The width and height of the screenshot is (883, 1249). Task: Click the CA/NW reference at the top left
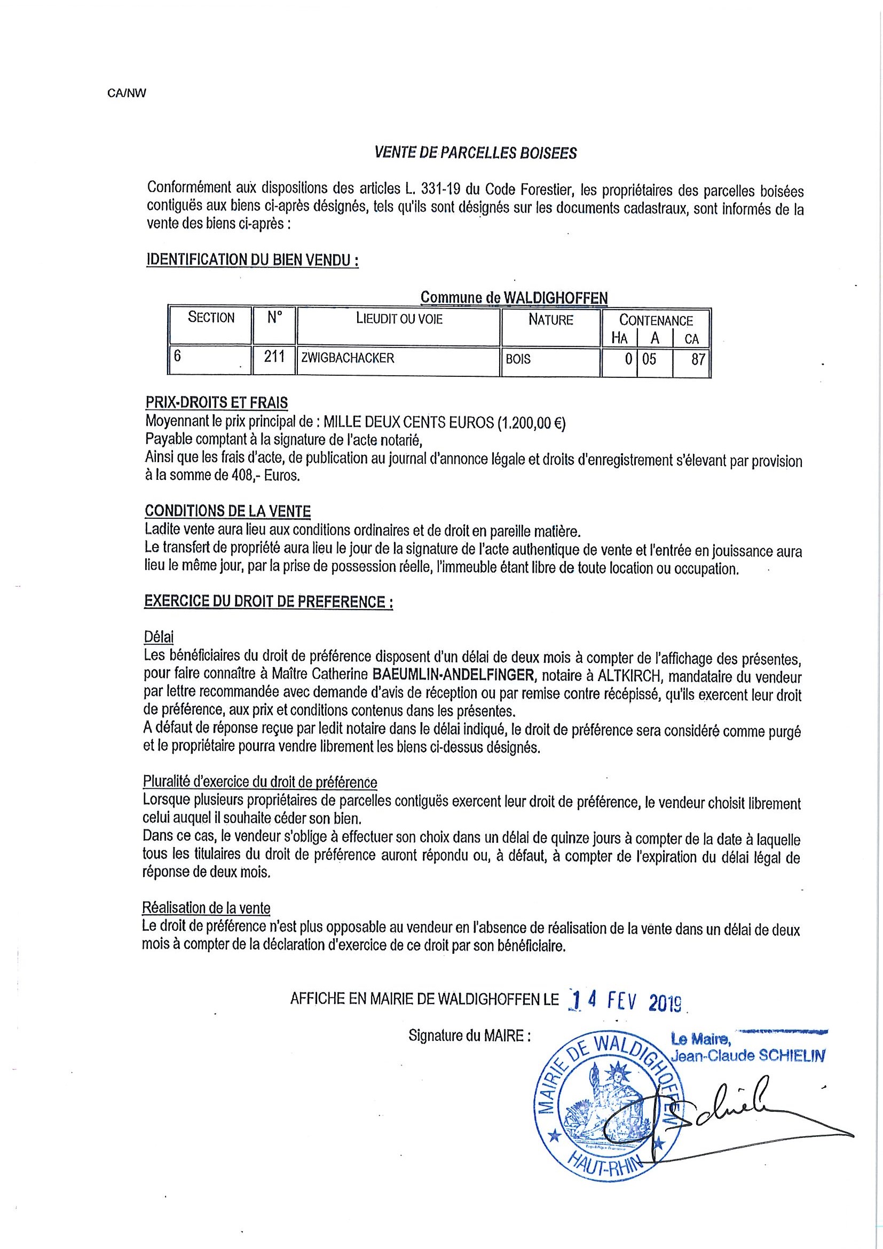point(127,93)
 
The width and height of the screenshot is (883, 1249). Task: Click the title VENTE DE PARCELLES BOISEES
point(476,153)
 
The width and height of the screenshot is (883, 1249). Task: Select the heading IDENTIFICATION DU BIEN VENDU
point(253,260)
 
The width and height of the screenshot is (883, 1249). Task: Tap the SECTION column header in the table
point(211,317)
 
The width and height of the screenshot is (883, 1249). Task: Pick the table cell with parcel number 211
point(275,358)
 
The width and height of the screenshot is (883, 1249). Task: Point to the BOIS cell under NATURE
point(518,359)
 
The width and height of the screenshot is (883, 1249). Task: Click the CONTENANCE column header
point(656,320)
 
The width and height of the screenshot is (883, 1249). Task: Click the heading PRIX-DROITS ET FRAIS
point(217,402)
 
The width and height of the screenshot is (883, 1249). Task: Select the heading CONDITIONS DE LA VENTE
point(227,511)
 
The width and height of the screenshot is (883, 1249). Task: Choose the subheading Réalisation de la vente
point(206,908)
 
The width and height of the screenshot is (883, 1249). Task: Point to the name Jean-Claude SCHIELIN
point(748,1056)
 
